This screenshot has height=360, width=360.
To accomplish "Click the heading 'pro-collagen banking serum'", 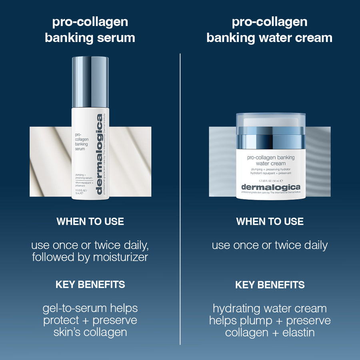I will click(x=90, y=30).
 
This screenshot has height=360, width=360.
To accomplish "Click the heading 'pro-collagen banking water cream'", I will click(x=270, y=30).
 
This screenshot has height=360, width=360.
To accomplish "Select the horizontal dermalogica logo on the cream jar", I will click(x=270, y=187).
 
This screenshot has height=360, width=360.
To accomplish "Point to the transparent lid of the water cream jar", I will click(x=270, y=122).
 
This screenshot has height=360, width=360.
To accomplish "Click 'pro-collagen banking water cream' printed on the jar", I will click(x=270, y=160).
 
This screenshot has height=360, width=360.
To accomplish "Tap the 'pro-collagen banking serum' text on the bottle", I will click(x=82, y=142).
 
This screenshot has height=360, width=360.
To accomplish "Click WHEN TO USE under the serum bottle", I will click(x=90, y=222).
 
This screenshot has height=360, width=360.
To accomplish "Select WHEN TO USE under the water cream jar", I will click(x=270, y=222).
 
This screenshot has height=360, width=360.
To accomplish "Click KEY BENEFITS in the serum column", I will click(x=90, y=285).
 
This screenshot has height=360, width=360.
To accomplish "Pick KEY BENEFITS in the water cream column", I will click(x=270, y=285).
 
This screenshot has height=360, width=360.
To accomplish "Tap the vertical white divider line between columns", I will click(x=180, y=200).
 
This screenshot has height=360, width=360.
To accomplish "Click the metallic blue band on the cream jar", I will click(x=270, y=141).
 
